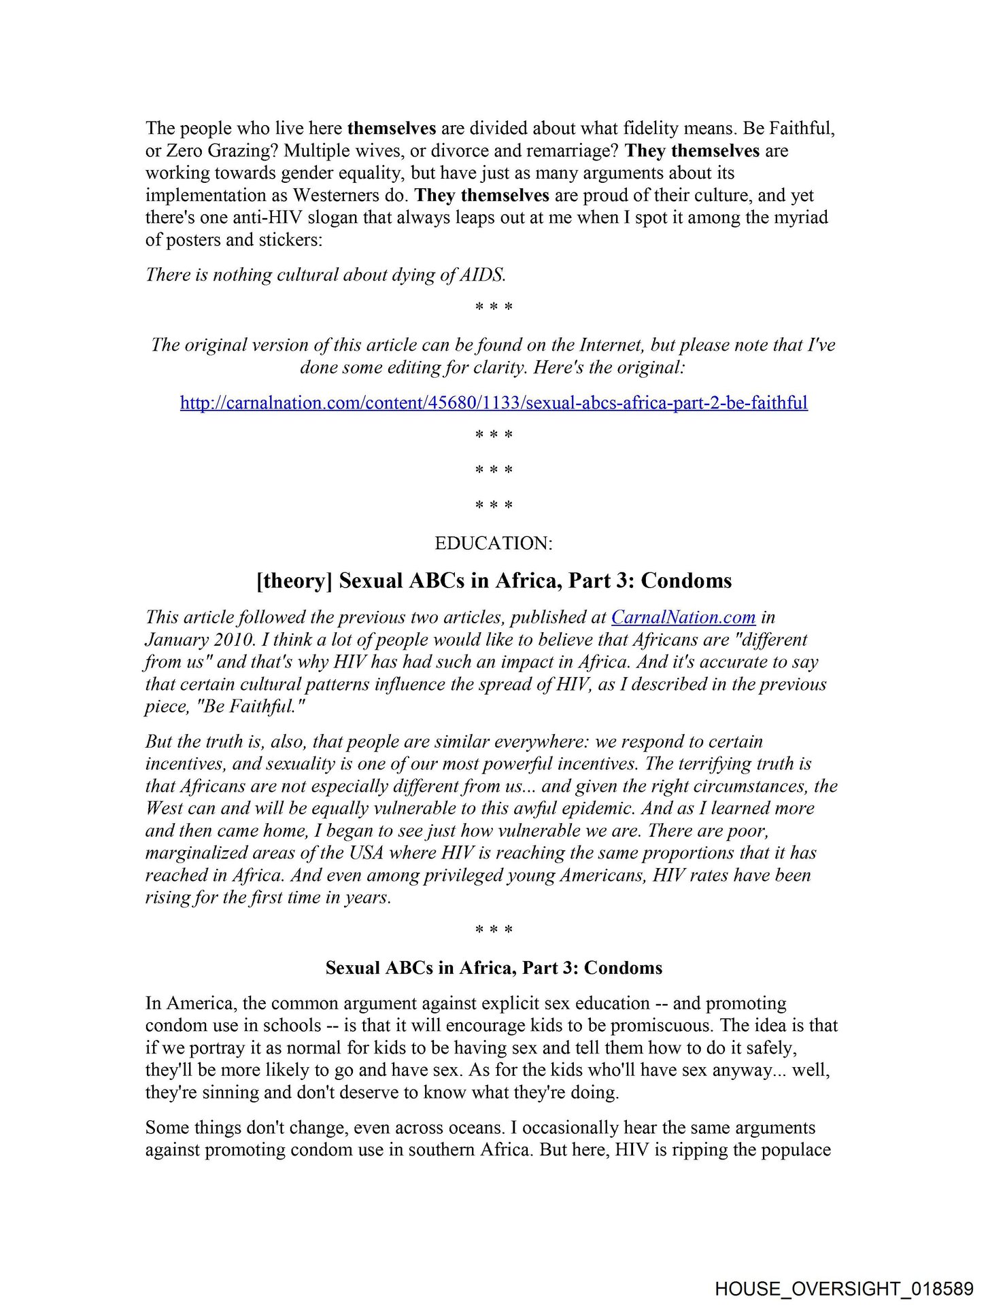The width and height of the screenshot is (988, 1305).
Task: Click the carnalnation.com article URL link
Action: pos(494,402)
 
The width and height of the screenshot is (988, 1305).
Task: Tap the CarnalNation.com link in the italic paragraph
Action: pos(683,617)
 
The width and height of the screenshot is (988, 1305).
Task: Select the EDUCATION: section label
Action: pos(494,543)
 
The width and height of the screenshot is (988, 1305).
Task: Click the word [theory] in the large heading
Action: pos(294,580)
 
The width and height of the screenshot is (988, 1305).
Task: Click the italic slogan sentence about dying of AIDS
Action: pos(326,275)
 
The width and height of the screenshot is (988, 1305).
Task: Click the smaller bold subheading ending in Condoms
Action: pos(494,968)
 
